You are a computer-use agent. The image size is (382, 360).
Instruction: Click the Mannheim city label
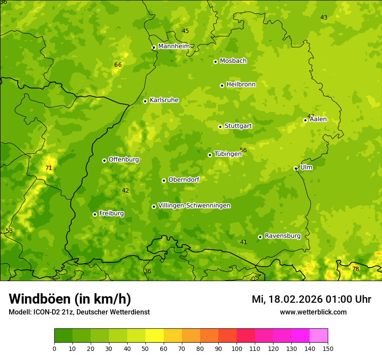click(174, 46)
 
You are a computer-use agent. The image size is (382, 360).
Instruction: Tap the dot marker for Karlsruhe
click(145, 101)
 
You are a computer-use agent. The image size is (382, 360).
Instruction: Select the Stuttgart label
click(238, 126)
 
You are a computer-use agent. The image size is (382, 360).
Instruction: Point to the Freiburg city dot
click(95, 214)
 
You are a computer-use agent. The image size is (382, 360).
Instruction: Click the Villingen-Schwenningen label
click(194, 206)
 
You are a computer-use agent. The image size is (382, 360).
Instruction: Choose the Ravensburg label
click(282, 236)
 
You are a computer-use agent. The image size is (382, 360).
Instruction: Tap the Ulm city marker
click(296, 168)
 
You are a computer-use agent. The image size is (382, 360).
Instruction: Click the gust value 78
click(356, 269)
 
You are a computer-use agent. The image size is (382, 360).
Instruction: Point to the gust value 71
click(49, 168)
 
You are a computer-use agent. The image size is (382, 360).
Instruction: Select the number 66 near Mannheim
click(118, 65)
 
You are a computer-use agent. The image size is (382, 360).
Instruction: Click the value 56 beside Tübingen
click(243, 150)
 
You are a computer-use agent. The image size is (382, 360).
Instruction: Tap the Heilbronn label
click(241, 84)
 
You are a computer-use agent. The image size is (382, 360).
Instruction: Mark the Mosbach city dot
click(215, 62)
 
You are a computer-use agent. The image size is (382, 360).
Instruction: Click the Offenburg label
click(124, 160)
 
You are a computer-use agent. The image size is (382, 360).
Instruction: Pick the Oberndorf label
click(184, 180)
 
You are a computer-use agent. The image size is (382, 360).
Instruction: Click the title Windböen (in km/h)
click(70, 299)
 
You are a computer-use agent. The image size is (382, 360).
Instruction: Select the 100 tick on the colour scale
click(237, 348)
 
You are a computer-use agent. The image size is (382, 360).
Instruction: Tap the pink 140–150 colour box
click(319, 335)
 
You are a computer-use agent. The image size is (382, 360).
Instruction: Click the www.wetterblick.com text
click(313, 312)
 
